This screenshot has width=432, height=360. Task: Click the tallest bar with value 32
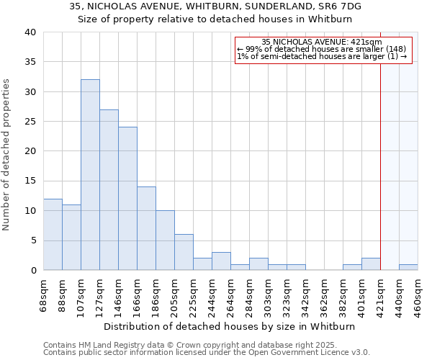point(90,175)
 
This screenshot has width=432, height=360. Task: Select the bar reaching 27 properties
point(109,190)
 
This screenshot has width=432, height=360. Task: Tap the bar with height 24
point(127,199)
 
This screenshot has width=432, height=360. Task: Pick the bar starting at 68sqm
point(53,235)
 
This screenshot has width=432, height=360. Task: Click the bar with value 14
point(146,228)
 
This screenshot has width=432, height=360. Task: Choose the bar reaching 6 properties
point(184,252)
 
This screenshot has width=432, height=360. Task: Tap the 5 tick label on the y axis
point(32,240)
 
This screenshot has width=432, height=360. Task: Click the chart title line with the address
point(215,6)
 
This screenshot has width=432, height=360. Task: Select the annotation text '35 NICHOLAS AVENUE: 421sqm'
point(322,42)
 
